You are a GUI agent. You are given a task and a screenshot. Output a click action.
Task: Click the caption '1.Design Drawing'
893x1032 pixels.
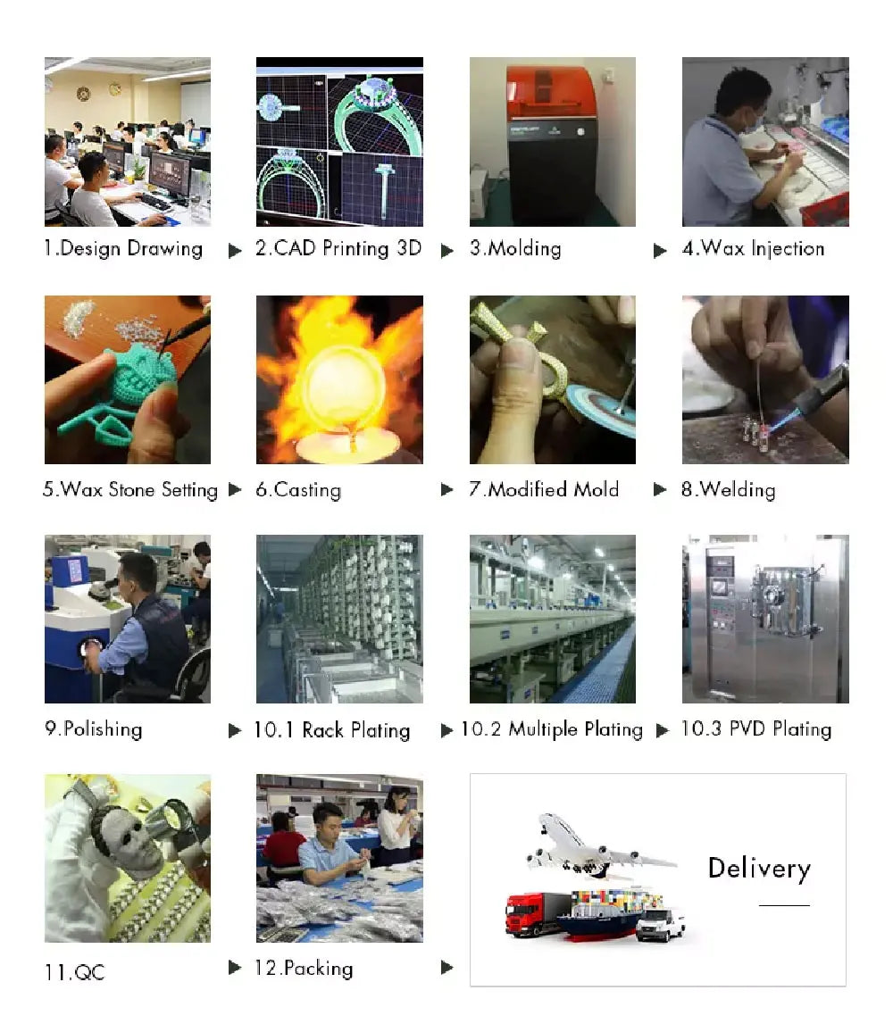pos(123,249)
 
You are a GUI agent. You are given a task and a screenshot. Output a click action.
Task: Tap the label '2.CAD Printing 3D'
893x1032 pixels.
pos(338,249)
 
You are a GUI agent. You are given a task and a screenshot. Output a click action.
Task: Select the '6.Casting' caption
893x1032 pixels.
pos(298,490)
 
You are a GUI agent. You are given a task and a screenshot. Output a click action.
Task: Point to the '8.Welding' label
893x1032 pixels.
pos(729,490)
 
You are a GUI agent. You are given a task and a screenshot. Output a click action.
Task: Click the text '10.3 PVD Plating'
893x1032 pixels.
pos(756,729)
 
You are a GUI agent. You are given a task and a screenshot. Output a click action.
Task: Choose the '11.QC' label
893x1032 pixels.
pos(74,972)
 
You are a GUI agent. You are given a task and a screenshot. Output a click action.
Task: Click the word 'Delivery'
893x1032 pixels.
pos(759,869)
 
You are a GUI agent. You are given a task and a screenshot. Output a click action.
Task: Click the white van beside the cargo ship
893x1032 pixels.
pos(661,924)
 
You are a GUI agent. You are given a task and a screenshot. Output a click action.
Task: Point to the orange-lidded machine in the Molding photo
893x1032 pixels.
pos(552,145)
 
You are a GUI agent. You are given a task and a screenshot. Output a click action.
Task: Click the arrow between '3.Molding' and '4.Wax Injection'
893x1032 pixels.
pos(660,251)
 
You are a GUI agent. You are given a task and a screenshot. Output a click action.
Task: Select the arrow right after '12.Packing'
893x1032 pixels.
pos(447,968)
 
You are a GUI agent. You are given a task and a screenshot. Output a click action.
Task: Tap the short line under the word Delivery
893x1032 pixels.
pos(784,905)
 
